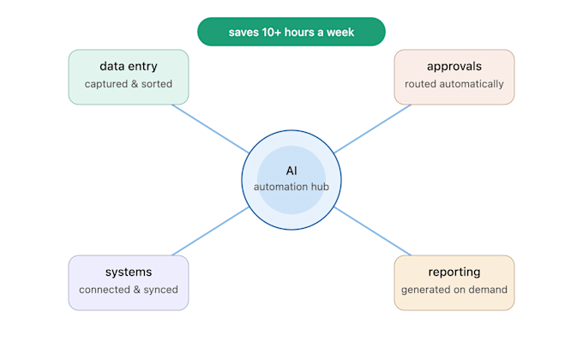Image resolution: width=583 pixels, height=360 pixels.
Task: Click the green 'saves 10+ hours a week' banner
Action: (291, 32)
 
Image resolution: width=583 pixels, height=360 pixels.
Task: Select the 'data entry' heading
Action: (129, 66)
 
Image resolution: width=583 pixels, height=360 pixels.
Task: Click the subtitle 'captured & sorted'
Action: (129, 84)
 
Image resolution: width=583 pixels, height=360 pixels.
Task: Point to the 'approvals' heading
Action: (454, 67)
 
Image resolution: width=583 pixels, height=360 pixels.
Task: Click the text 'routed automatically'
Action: (454, 84)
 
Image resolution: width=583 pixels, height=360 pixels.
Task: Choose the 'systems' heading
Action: (129, 272)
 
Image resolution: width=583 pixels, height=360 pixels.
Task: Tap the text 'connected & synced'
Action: (129, 290)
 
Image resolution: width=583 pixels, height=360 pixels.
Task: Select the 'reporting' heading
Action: (454, 273)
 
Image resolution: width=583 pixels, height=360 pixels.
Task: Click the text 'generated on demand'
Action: (454, 290)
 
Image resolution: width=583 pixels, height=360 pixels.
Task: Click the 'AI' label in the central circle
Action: (291, 171)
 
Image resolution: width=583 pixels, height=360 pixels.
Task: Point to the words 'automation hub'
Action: (291, 187)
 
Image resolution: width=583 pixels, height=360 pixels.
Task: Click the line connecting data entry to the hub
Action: (210, 129)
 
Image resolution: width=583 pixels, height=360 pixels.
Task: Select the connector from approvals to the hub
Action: (373, 129)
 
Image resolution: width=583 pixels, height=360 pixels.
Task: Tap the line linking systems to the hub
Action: (210, 231)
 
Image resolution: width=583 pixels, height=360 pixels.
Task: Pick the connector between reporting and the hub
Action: (373, 231)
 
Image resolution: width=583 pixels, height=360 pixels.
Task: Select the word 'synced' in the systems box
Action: (160, 290)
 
